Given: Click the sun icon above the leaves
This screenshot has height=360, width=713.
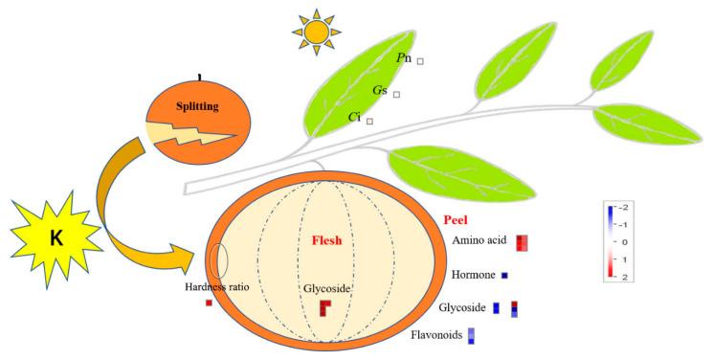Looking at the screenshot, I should click(x=317, y=33).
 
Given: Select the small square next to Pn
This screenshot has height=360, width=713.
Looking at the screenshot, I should click(x=420, y=61).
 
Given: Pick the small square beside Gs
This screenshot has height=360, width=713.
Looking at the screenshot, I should click(x=396, y=94).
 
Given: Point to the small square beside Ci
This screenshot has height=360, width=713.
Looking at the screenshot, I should click(x=369, y=121).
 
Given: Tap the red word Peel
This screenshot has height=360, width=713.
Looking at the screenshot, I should click(x=457, y=219).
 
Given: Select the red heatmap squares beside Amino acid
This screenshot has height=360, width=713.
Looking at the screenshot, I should click(x=521, y=243).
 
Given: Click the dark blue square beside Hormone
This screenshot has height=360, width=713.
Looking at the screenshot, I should click(x=504, y=276).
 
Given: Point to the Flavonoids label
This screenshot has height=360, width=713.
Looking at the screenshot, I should click(x=436, y=335).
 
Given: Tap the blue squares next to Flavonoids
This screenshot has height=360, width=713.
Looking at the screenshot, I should click(x=471, y=335).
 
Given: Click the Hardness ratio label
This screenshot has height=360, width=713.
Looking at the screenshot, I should click(x=216, y=287).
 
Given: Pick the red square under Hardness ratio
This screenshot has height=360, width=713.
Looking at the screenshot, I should click(x=209, y=304).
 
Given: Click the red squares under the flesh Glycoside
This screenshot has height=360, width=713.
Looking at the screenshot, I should click(x=325, y=307).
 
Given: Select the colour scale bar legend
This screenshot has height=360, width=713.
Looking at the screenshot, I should click(x=610, y=239).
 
